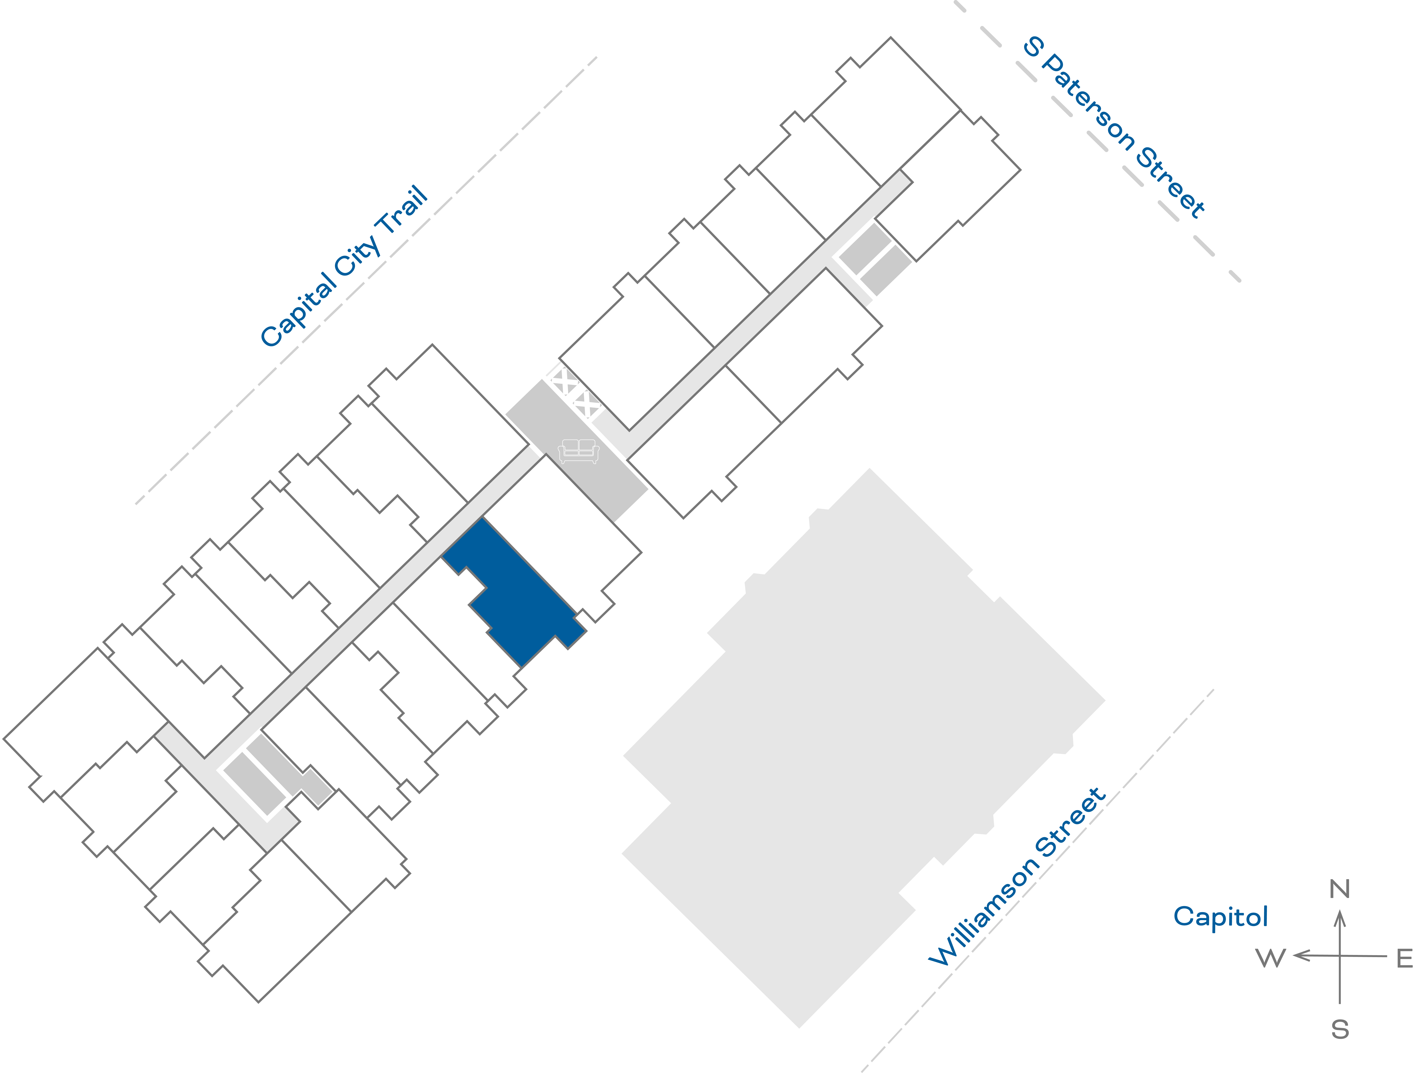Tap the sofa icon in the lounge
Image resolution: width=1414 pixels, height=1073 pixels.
click(579, 451)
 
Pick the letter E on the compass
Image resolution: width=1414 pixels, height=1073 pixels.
click(1404, 959)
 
